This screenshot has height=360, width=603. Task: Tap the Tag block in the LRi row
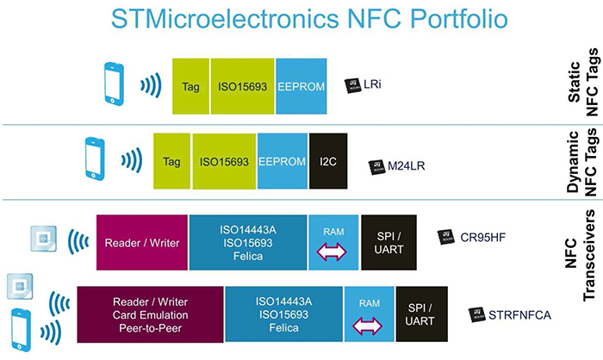click(x=190, y=86)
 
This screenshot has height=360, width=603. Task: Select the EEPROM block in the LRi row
click(x=301, y=86)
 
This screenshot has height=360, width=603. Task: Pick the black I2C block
click(x=328, y=161)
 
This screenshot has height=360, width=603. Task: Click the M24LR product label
click(x=395, y=164)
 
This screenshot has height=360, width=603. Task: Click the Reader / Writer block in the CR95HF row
click(x=142, y=242)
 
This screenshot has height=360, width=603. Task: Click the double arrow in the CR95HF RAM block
click(x=333, y=250)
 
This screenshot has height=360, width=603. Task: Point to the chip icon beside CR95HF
click(x=445, y=235)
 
